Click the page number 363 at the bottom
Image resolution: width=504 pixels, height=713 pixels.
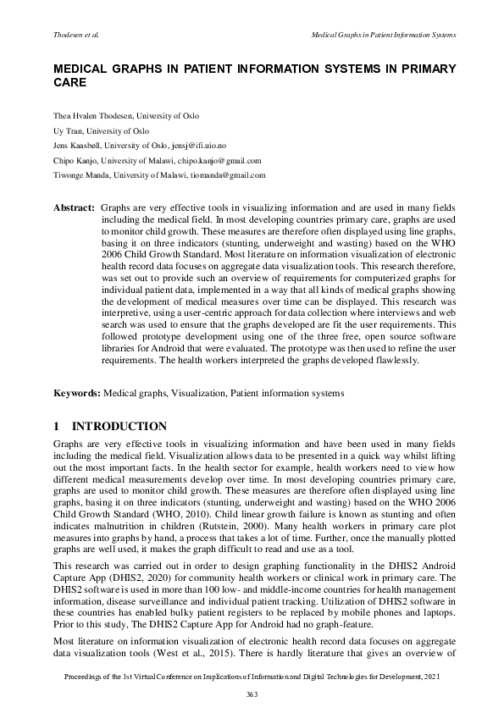tap(252, 694)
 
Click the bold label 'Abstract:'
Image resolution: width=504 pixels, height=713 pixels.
tap(74, 207)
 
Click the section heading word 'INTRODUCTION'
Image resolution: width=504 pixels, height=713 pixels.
tap(120, 426)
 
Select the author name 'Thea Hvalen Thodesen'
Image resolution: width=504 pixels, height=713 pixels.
tap(89, 115)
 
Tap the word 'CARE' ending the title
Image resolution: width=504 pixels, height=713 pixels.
tap(69, 85)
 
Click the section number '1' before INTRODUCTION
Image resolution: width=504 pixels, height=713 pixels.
tap(57, 426)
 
